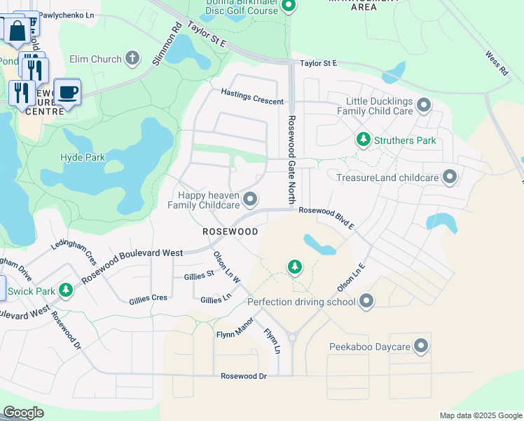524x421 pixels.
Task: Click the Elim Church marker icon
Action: pyautogui.click(x=133, y=59)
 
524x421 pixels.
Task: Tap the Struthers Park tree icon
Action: pyautogui.click(x=363, y=140)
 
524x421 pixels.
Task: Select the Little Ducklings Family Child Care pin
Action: pyautogui.click(x=423, y=105)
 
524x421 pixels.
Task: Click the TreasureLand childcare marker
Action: pyautogui.click(x=450, y=177)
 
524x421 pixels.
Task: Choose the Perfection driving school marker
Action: pyautogui.click(x=366, y=302)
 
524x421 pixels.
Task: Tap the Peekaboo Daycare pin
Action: pyautogui.click(x=420, y=346)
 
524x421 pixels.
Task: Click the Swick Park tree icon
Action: pyautogui.click(x=66, y=289)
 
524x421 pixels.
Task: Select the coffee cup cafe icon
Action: pyautogui.click(x=67, y=92)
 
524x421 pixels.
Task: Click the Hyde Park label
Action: pyautogui.click(x=83, y=157)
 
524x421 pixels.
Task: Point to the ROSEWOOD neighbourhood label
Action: pyautogui.click(x=230, y=232)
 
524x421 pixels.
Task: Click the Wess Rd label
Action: pyautogui.click(x=496, y=63)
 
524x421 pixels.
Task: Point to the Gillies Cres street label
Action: pyautogui.click(x=148, y=299)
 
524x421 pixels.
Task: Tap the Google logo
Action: pyautogui.click(x=23, y=413)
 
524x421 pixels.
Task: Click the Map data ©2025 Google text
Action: pyautogui.click(x=480, y=415)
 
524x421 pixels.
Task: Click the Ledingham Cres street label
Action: pyautogui.click(x=74, y=243)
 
